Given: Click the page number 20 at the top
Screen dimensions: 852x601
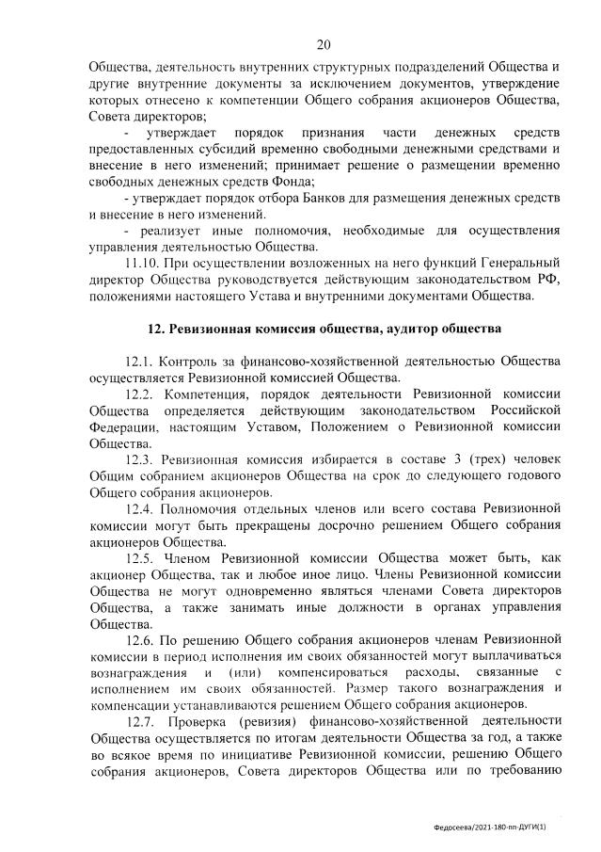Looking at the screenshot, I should pyautogui.click(x=324, y=44).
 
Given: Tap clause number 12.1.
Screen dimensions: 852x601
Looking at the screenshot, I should pyautogui.click(x=139, y=362).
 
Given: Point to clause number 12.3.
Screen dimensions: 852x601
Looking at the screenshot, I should pyautogui.click(x=139, y=458).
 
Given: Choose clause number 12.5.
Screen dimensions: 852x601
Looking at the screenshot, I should pyautogui.click(x=139, y=557).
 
